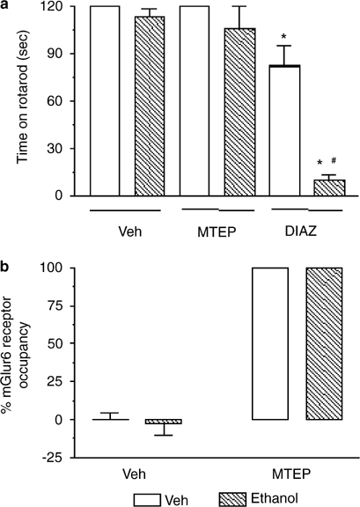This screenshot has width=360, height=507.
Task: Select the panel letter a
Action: [x=7, y=7]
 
